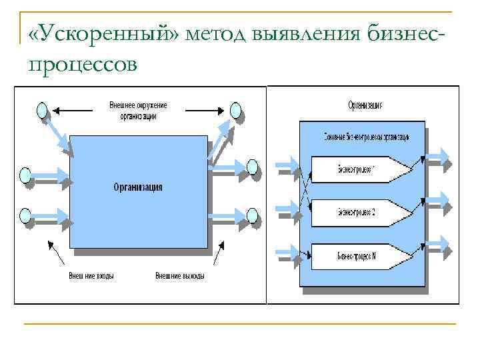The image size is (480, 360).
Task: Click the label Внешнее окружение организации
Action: (139, 110)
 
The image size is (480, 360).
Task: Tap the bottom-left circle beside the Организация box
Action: (25, 215)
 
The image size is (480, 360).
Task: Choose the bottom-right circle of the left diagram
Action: (252, 215)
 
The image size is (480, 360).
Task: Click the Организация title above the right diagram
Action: (365, 105)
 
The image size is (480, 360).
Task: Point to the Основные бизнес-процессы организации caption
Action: (365, 136)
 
